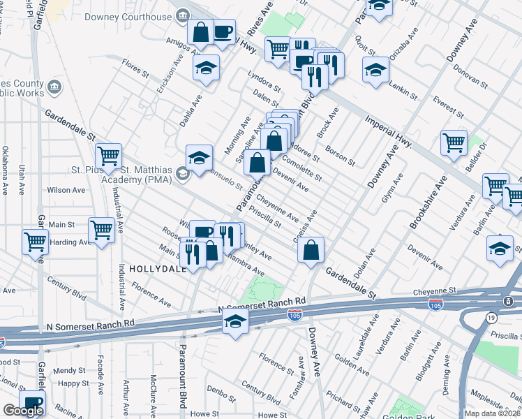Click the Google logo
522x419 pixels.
22,411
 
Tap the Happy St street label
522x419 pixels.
74,383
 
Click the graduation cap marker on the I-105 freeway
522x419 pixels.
236,322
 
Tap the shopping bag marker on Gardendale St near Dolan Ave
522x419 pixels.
311,249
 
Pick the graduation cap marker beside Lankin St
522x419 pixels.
375,70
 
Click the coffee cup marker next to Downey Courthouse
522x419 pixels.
223,32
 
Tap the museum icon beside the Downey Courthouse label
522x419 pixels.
184,15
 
